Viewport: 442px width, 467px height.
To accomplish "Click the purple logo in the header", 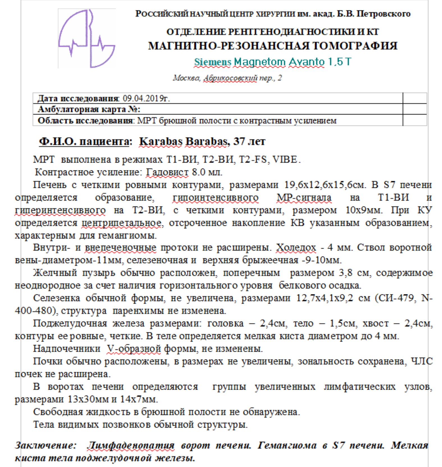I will (87, 38).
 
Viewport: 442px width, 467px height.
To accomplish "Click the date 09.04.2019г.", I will (146, 98).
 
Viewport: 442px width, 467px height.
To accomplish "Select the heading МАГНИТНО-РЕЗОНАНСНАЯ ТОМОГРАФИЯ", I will (272, 46).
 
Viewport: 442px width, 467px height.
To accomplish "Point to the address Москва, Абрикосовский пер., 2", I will (227, 78).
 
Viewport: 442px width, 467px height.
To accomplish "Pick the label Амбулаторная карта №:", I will (89, 109).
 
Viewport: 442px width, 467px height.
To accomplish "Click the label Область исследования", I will (85, 121).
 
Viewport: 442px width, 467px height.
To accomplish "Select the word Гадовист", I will (167, 172).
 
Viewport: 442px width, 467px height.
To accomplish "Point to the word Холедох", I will (296, 247).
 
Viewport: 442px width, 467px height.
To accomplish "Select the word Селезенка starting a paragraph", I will (56, 298).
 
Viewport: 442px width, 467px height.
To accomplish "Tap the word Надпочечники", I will (67, 349).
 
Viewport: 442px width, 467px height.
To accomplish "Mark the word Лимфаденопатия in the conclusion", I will (130, 445).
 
